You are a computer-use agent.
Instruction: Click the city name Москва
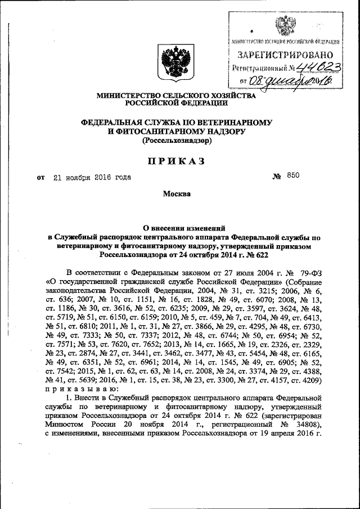tap(177, 194)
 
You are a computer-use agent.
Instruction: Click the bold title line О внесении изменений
tap(176, 228)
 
